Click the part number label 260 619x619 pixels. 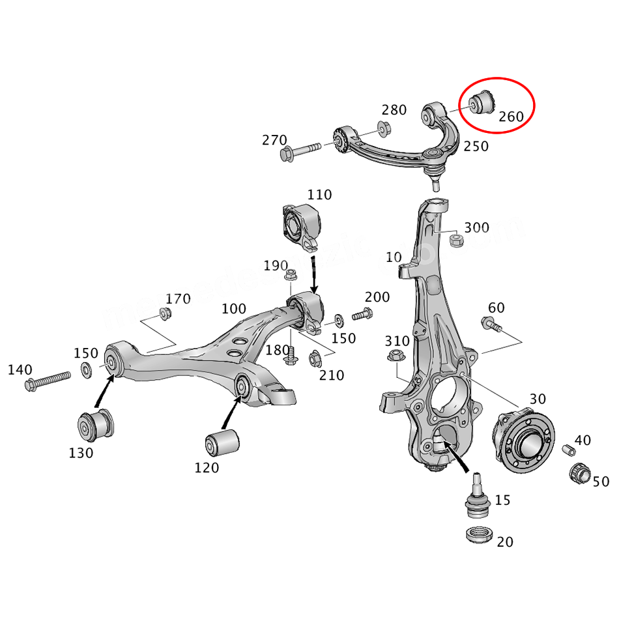click(511, 117)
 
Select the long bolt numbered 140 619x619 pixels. click(47, 381)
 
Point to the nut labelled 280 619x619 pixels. click(384, 127)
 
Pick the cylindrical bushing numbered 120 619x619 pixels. click(221, 443)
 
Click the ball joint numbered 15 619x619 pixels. click(478, 495)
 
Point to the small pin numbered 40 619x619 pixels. click(568, 450)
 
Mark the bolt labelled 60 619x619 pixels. click(490, 323)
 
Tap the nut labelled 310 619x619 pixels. click(395, 356)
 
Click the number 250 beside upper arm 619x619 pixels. click(476, 147)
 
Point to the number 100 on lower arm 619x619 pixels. click(234, 308)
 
